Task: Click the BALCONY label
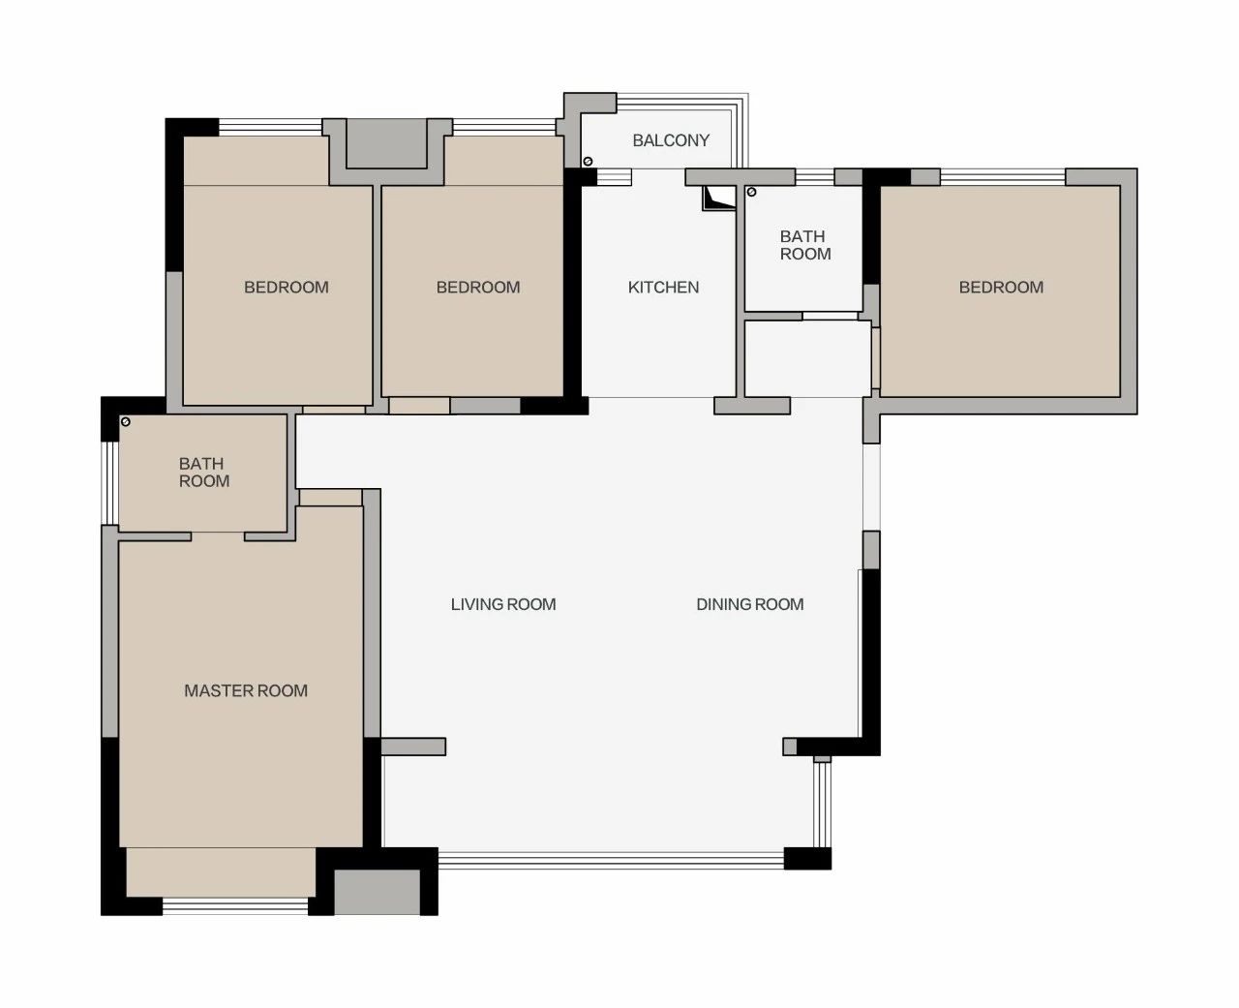coord(671,140)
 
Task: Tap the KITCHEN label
coord(663,287)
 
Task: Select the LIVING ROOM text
coord(503,604)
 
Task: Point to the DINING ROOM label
coord(750,604)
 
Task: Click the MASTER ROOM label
coord(246,690)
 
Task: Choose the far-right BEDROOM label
coord(1001,287)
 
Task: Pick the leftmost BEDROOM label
coord(287,287)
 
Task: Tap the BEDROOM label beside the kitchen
coord(478,287)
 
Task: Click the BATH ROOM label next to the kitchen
coord(805,245)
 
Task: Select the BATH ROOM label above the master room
coord(203,472)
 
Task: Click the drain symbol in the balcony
coord(588,161)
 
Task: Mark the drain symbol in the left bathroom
coord(125,422)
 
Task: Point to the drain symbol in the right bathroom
coord(751,192)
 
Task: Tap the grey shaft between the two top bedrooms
coord(387,143)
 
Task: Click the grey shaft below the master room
coord(377,892)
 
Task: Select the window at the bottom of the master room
coord(235,906)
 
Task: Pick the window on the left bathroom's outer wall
coord(110,483)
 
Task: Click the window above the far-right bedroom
coord(1002,177)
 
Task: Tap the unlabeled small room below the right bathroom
coord(807,358)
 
